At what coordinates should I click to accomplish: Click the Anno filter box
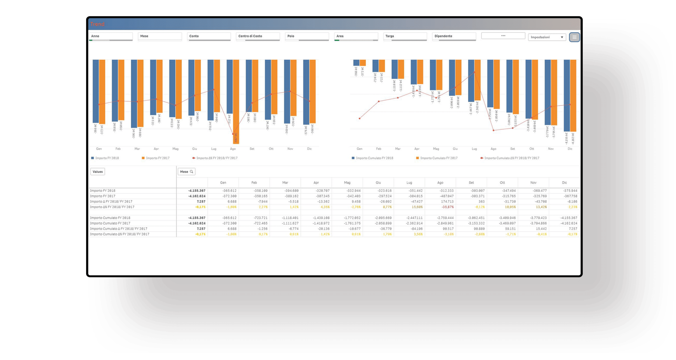111,36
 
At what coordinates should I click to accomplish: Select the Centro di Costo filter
257,36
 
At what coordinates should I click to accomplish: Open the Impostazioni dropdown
547,37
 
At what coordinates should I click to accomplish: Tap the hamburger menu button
574,37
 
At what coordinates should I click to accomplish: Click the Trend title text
97,24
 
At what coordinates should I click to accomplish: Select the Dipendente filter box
454,36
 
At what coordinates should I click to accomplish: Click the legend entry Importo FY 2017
157,158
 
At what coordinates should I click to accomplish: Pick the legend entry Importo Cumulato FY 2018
374,158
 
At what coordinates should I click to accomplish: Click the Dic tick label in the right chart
570,149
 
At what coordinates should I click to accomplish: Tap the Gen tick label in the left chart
99,149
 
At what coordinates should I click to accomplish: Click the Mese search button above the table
186,172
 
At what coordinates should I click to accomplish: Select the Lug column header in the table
409,183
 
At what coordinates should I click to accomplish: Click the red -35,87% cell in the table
447,207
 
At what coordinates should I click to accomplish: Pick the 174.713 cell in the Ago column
447,202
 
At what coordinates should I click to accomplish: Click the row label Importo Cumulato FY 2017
110,223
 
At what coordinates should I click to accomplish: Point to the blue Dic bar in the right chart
567,95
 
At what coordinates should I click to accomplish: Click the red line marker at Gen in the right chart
360,119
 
